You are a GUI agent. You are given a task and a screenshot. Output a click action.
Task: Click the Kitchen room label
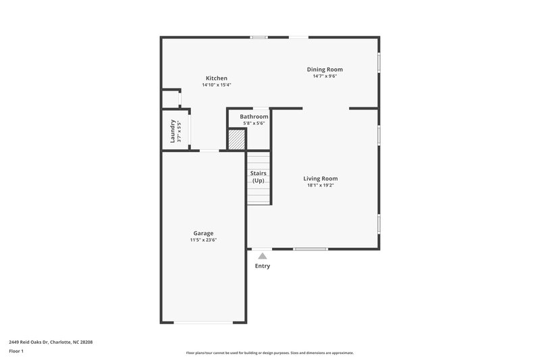click(x=216, y=78)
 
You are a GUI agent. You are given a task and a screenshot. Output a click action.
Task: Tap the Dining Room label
click(x=325, y=70)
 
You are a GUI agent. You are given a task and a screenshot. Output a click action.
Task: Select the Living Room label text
click(x=320, y=178)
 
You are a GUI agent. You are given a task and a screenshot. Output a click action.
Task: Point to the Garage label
click(x=203, y=233)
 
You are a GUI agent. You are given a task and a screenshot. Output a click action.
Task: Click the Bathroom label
click(x=254, y=117)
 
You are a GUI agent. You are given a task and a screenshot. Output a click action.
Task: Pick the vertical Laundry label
click(x=173, y=130)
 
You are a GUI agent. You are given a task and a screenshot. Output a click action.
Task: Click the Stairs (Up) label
click(x=258, y=177)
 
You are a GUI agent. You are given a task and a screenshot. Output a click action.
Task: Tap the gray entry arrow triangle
click(x=262, y=255)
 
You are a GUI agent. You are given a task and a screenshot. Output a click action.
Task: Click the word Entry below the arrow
click(x=262, y=266)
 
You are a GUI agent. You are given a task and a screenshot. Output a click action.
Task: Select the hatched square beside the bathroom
click(x=236, y=140)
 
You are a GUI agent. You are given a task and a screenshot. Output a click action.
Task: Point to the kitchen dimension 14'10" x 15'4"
click(x=216, y=85)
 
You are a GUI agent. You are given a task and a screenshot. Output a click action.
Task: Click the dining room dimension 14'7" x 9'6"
click(x=325, y=76)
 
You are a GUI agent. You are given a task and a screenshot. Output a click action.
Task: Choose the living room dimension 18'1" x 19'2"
click(x=320, y=185)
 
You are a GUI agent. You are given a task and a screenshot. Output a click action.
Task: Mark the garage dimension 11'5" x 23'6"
click(x=203, y=240)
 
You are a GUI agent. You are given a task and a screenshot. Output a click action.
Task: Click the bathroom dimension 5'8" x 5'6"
click(x=254, y=123)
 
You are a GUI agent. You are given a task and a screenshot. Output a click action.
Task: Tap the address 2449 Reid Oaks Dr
click(x=51, y=342)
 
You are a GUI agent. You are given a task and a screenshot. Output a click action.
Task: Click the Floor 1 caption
click(x=17, y=351)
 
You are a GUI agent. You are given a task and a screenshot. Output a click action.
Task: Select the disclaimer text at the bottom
click(x=269, y=353)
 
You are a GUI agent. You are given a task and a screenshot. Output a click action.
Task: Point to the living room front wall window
click(x=310, y=249)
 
